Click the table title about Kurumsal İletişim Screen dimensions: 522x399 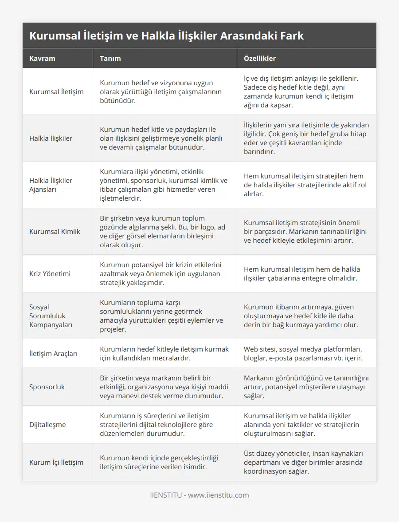(167, 36)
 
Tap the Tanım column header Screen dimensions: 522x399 (110, 59)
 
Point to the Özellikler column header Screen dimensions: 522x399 (259, 59)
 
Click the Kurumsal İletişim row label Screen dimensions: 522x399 (56, 92)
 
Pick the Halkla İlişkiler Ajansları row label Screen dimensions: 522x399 (51, 185)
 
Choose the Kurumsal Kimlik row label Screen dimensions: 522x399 (55, 231)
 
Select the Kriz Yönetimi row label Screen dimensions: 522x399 (50, 273)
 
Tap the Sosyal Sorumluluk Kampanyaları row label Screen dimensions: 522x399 (51, 316)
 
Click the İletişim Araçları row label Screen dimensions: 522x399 (53, 353)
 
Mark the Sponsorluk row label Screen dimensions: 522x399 (47, 387)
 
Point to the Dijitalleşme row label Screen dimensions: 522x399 (47, 424)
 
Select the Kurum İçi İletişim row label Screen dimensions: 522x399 (56, 462)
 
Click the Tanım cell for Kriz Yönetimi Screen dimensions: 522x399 (160, 273)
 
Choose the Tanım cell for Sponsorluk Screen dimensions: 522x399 (161, 387)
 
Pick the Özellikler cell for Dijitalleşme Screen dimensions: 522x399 (301, 424)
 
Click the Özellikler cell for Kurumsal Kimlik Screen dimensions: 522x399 (305, 231)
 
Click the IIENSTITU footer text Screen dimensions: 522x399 (199, 495)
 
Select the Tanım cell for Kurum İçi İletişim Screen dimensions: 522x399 (159, 462)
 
